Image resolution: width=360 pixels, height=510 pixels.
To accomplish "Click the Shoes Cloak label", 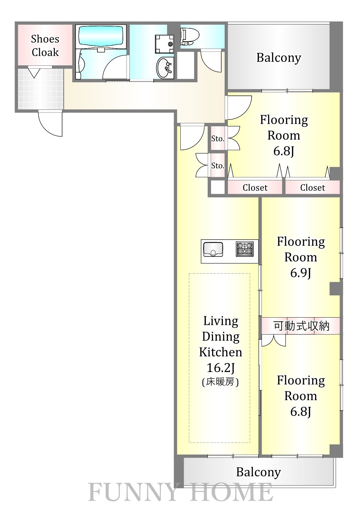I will pos(45,46).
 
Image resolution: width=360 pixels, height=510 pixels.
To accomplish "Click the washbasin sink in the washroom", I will pos(165,68).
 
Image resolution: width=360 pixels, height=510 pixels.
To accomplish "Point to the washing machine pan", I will pos(164,44).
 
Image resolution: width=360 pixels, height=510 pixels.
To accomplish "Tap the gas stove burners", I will pos(245,249).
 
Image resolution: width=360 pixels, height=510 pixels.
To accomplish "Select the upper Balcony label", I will pos(278,58).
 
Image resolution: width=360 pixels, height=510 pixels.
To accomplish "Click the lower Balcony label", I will pos(258,472).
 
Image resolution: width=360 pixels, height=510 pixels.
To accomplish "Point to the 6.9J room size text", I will pos(301,273).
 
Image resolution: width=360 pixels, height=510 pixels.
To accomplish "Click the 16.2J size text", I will pos(220,367).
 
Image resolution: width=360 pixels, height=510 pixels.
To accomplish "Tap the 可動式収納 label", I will pos(301,326).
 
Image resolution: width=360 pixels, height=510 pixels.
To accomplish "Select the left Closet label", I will pos(255,188).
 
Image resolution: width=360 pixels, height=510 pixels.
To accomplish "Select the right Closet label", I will pos(312,188).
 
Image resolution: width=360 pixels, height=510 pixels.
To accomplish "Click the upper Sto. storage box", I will pos(218,139).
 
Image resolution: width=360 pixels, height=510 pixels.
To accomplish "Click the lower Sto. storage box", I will pos(218,165).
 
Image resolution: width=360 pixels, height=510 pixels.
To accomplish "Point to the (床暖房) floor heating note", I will pos(220,382).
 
